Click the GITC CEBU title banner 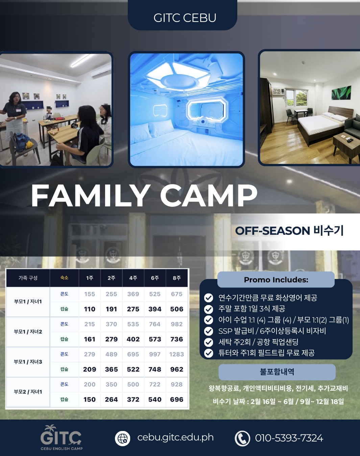183,15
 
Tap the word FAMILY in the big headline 91,196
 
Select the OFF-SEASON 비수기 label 289,231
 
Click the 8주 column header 176,278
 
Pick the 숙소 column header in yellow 64,278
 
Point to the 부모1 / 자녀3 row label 28,362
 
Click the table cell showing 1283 176,354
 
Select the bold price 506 176,309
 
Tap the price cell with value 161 90,339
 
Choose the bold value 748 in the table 155,369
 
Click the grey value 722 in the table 155,384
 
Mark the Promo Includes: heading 276,280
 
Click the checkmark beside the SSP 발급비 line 209,331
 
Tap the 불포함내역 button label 277,372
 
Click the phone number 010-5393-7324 289,438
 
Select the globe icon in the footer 122,438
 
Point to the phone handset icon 242,438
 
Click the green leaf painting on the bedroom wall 341,93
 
